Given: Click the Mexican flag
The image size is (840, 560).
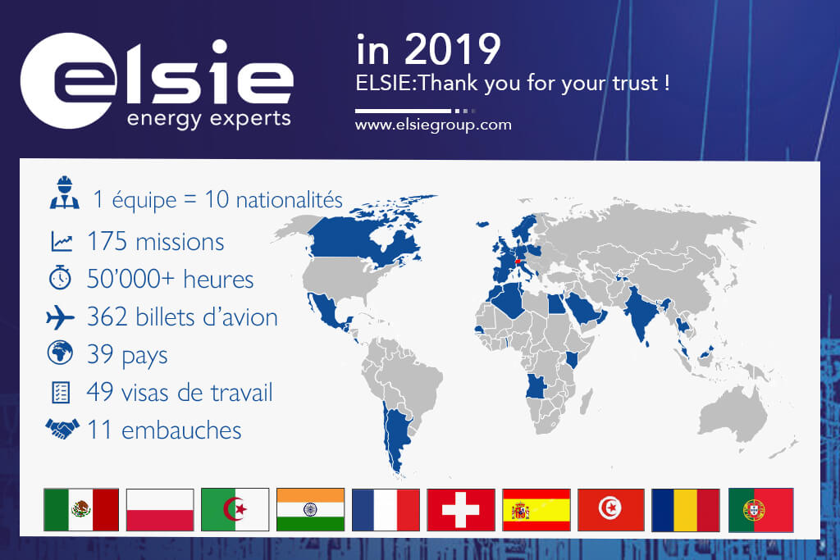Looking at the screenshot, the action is (81, 510).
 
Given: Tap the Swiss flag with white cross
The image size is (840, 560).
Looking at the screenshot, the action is (461, 510).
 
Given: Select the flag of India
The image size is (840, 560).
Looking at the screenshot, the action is (310, 510).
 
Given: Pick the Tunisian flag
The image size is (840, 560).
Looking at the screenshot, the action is (610, 510).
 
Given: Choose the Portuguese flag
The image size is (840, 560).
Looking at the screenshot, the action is (760, 510).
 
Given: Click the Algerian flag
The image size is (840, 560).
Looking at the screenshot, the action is (235, 510).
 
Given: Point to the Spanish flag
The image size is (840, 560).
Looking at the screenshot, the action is (536, 510).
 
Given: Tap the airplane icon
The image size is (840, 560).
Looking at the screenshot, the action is (60, 317).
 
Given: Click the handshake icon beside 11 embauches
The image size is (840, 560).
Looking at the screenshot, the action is (62, 428).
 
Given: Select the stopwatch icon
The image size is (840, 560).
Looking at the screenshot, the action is (60, 277).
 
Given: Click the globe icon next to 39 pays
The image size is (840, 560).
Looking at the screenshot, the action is (60, 353).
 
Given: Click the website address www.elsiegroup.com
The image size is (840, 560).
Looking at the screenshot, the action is (433, 125).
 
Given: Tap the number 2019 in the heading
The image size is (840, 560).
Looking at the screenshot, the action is (453, 49).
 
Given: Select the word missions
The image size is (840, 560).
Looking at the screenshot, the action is (180, 242).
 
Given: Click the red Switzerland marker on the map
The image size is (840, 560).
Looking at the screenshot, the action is (517, 262).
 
